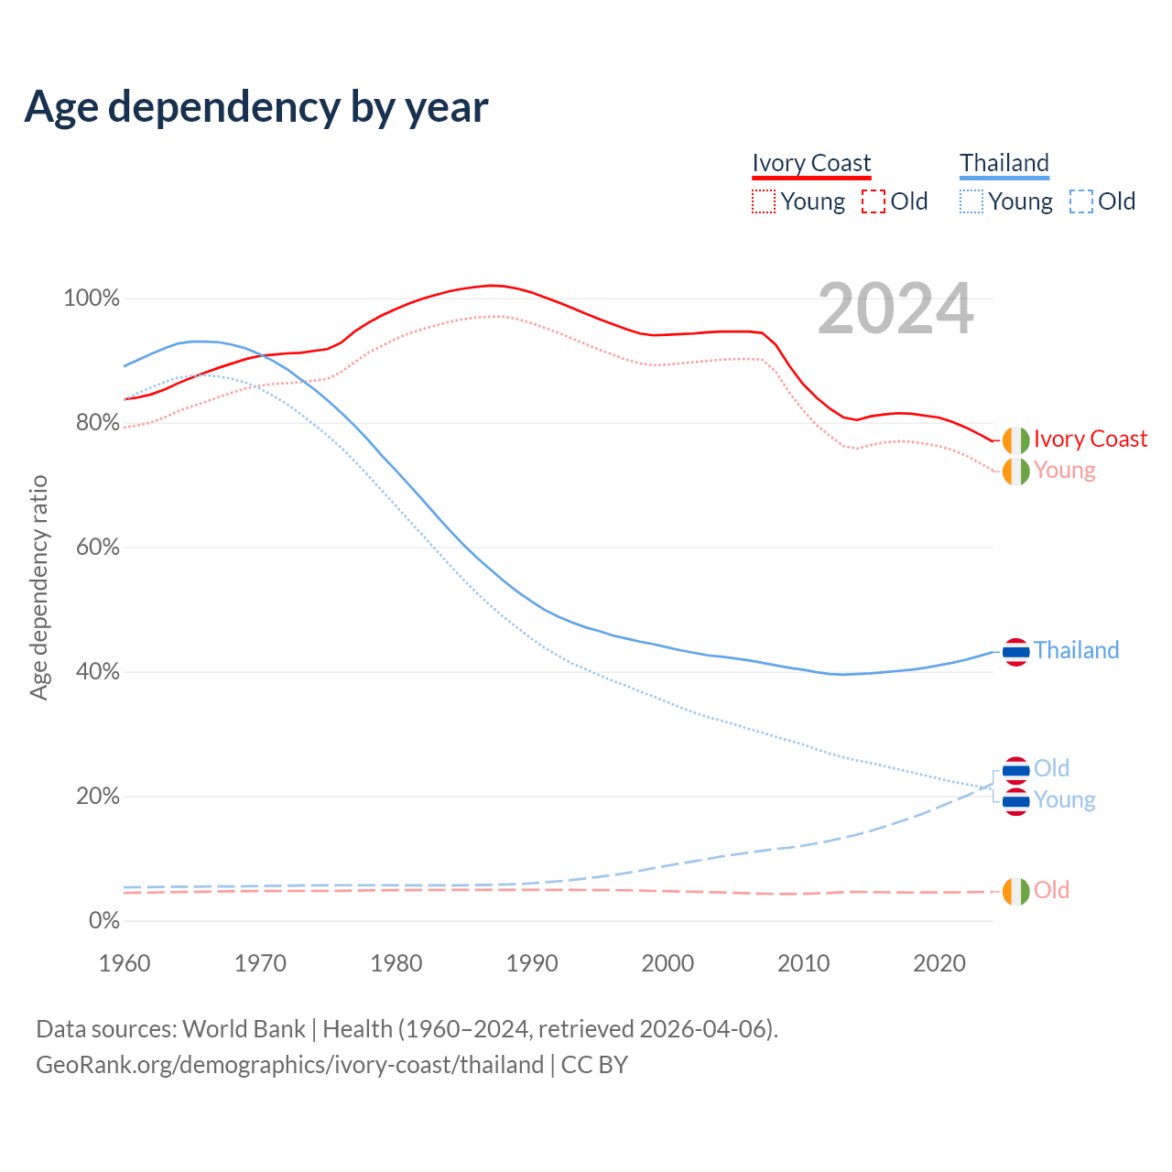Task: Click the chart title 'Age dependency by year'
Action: tap(256, 106)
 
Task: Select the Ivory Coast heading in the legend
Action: tap(811, 163)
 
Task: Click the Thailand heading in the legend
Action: tap(1004, 163)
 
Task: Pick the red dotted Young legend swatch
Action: tap(763, 201)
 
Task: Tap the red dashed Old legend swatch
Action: tap(874, 201)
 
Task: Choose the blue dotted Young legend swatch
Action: tap(971, 201)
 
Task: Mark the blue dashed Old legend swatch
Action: tap(1081, 201)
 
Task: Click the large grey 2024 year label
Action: tap(895, 309)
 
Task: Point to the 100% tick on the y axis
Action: tap(91, 298)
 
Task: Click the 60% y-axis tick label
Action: tap(94, 548)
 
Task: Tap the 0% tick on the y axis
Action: tap(103, 921)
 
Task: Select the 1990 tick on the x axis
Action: tap(532, 963)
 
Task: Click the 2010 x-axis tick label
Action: tap(804, 963)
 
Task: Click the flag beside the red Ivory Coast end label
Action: tap(1015, 440)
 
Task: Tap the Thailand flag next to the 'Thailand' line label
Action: tap(1015, 652)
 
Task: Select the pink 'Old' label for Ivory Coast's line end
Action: tap(1051, 891)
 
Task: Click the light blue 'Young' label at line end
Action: tap(1064, 800)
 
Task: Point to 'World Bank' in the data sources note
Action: tap(244, 1029)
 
